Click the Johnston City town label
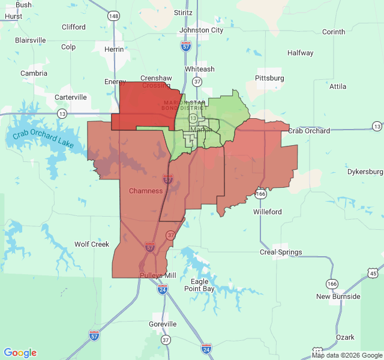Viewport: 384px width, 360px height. tap(201, 30)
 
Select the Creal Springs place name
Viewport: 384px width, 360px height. tap(280, 252)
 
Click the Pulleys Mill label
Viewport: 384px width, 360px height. tap(158, 275)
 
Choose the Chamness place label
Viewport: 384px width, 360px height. tap(146, 191)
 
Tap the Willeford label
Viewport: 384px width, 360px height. tap(268, 212)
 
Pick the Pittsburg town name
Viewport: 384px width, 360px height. tap(269, 78)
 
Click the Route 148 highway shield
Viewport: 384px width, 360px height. tap(113, 16)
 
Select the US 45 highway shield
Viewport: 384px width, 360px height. tap(373, 274)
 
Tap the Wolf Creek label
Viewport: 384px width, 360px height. tap(92, 244)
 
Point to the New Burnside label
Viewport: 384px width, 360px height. tap(338, 296)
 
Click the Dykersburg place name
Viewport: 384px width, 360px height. tap(365, 172)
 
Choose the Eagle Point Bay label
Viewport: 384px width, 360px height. tap(199, 285)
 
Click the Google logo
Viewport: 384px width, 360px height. tap(20, 353)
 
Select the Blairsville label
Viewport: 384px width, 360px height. tap(31, 40)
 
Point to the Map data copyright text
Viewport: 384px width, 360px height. tap(347, 355)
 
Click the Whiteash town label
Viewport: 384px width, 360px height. tap(199, 69)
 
